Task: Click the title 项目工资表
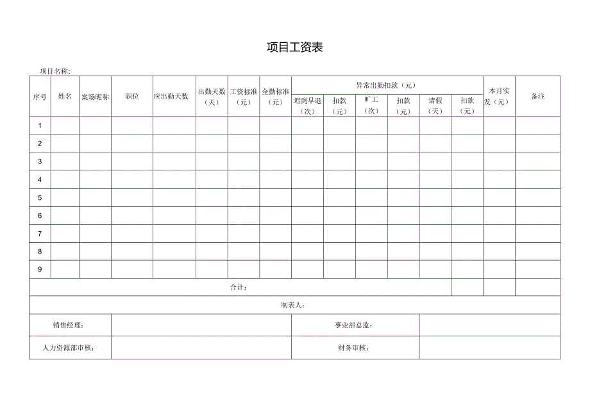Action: click(294, 47)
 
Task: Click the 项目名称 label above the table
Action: click(55, 71)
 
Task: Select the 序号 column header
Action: click(40, 97)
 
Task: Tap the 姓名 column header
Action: click(65, 96)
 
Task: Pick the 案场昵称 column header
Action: click(95, 97)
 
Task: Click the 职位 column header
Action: click(132, 96)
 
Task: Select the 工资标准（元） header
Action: click(244, 96)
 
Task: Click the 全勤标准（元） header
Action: click(276, 96)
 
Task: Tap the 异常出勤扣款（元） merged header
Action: click(387, 85)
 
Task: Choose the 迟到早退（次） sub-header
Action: click(307, 106)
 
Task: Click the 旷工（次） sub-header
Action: click(371, 105)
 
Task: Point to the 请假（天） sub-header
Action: click(435, 106)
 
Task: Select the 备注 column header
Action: click(537, 96)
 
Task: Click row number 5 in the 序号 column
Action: click(40, 197)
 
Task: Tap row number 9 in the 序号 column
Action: click(40, 269)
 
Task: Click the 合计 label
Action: click(239, 288)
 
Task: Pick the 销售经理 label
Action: click(69, 325)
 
